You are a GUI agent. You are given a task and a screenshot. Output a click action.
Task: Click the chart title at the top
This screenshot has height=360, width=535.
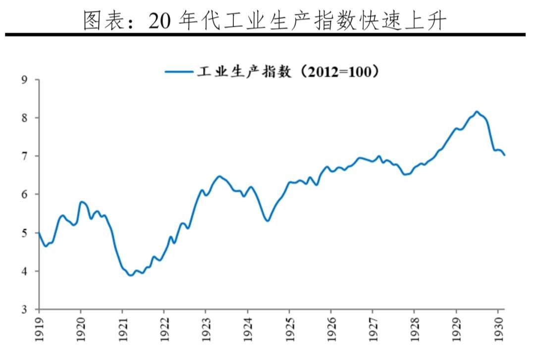pos(265,20)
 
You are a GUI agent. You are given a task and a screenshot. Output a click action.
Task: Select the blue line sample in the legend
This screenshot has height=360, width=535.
pos(179,72)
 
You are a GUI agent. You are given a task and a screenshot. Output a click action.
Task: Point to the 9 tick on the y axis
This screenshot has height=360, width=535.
pos(24,80)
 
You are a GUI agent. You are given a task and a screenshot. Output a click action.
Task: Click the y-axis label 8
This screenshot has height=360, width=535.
pos(24,118)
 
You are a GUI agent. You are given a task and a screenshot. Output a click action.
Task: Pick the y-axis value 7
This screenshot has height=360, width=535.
pos(24,156)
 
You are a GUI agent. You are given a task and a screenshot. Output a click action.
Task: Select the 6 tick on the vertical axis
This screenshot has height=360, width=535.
pos(24,195)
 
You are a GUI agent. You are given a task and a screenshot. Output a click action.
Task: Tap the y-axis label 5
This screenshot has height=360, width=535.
pos(24,233)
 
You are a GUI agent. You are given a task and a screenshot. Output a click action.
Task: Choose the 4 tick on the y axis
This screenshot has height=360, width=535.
pos(24,271)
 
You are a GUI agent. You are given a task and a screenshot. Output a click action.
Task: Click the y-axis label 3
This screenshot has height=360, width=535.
pos(24,309)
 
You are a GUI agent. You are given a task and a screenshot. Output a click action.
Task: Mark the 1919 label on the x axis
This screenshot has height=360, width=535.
pos(39,329)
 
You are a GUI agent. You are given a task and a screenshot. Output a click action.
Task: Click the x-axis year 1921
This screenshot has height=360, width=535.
pos(123,329)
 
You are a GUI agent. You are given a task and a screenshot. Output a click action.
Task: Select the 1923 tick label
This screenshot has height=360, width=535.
pos(206,329)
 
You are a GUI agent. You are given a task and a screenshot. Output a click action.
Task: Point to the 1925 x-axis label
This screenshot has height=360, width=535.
pos(290,329)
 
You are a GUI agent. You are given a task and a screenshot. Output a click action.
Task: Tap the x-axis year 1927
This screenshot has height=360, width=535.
pos(373,329)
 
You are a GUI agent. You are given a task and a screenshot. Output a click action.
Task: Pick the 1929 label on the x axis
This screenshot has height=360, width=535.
pos(457,329)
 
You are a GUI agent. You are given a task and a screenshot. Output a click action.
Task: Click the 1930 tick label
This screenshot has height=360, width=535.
pos(498,329)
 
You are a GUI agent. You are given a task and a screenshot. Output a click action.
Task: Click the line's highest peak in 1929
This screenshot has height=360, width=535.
pos(477,111)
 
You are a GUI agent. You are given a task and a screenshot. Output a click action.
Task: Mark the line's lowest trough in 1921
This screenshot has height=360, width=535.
pos(131,275)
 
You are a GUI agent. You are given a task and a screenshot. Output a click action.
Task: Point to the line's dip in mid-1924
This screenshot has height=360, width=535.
pos(267,221)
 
